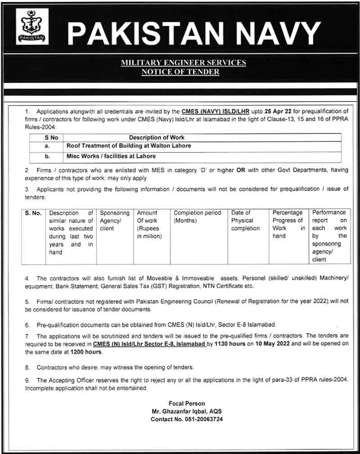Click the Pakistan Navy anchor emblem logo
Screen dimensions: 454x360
coord(32,27)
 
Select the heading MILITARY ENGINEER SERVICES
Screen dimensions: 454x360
coord(183,63)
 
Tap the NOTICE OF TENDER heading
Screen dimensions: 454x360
coord(180,71)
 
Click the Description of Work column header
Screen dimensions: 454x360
coord(157,137)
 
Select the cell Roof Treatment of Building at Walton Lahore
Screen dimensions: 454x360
coord(129,146)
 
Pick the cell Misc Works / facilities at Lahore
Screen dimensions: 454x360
coord(111,156)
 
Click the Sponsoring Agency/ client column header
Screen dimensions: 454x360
coord(114,220)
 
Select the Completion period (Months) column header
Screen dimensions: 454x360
coord(198,217)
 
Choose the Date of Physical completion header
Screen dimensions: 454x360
coord(245,220)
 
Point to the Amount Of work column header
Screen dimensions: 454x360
coord(149,224)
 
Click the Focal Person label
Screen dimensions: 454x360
coord(187,403)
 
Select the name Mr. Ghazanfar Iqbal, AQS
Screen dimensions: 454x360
coord(187,411)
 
